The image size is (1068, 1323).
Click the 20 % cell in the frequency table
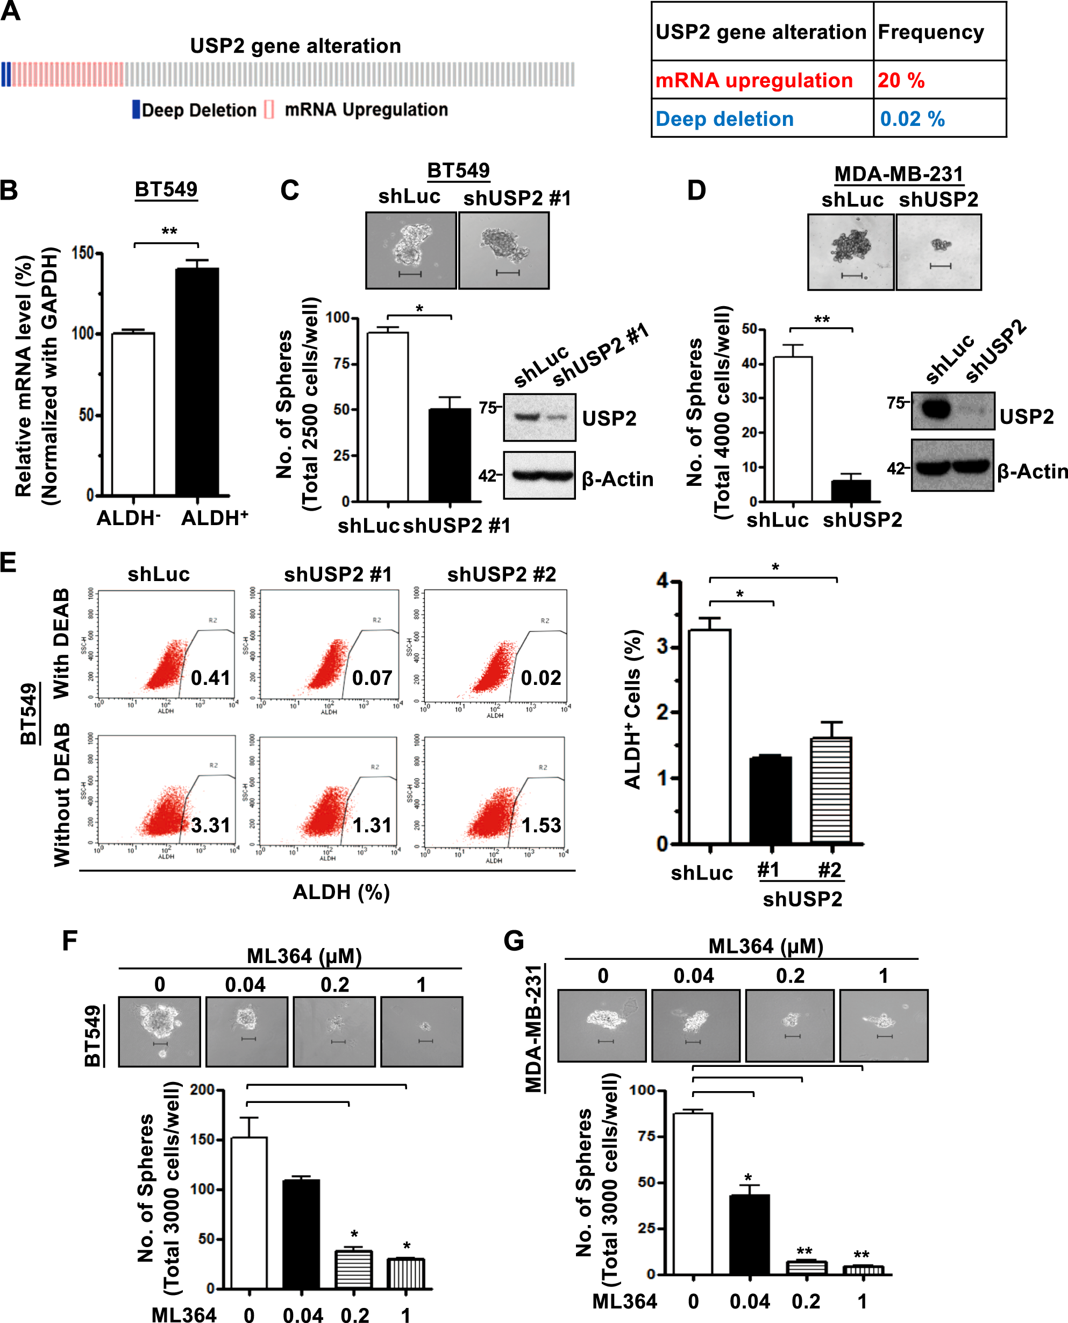(x=901, y=81)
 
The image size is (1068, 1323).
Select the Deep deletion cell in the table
(x=725, y=119)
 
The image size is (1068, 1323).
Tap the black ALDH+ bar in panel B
(x=197, y=381)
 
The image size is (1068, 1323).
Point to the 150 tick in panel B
(x=82, y=253)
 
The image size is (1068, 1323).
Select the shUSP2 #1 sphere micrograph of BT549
(x=504, y=250)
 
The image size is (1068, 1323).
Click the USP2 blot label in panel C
(x=609, y=419)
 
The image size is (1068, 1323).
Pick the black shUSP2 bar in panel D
(x=851, y=491)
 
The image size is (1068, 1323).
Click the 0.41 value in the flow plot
(x=210, y=677)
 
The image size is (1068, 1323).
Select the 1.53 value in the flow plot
(x=541, y=825)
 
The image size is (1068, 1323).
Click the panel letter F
(x=69, y=941)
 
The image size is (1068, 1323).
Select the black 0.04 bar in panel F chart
(x=301, y=1234)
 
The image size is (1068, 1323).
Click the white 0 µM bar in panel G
(x=693, y=1193)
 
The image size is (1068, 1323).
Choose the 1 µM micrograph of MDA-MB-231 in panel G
(x=884, y=1025)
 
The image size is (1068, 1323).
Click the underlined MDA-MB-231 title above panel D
(x=898, y=174)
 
